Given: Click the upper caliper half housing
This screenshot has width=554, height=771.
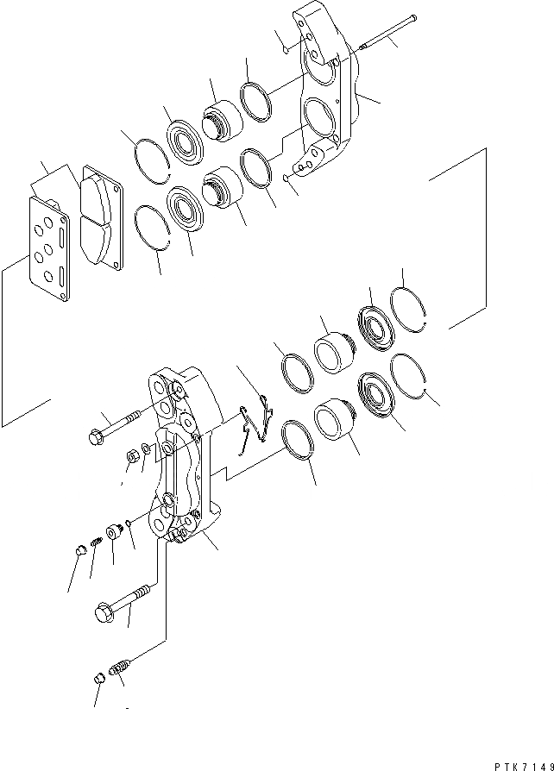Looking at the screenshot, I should click(328, 95).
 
